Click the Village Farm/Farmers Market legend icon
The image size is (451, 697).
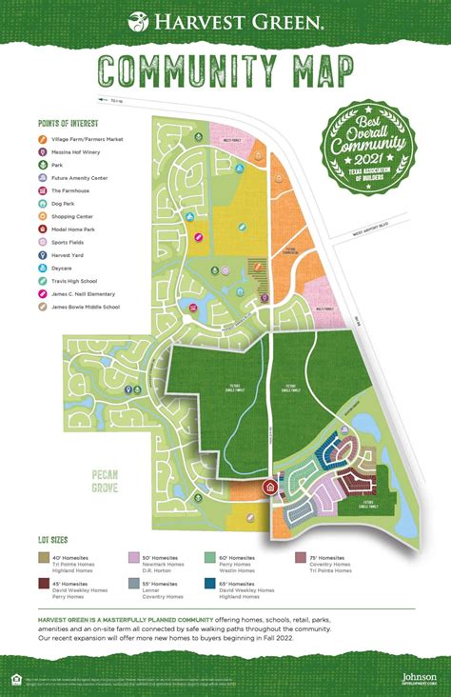[43, 140]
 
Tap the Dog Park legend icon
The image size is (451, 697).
[43, 203]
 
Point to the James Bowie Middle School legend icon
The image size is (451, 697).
[43, 306]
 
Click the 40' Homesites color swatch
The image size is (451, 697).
[44, 558]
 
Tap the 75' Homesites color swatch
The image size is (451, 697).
[301, 558]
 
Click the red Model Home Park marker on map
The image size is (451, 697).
[269, 488]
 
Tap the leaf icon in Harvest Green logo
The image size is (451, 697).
[138, 20]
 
